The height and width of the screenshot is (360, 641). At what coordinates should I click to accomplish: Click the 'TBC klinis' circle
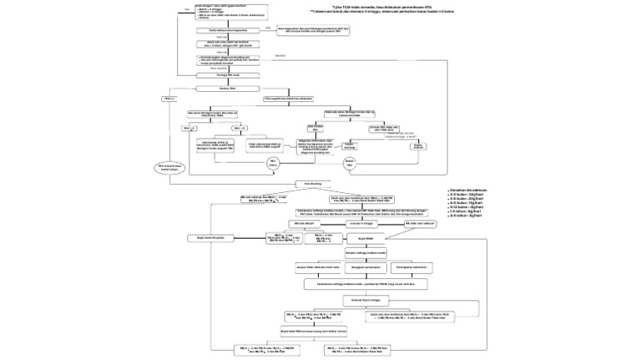[273, 162]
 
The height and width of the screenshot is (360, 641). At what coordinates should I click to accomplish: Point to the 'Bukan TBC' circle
[350, 160]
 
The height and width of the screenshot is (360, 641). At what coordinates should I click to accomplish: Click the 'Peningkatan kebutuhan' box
[415, 267]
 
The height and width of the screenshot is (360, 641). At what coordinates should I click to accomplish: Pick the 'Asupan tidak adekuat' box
[320, 267]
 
